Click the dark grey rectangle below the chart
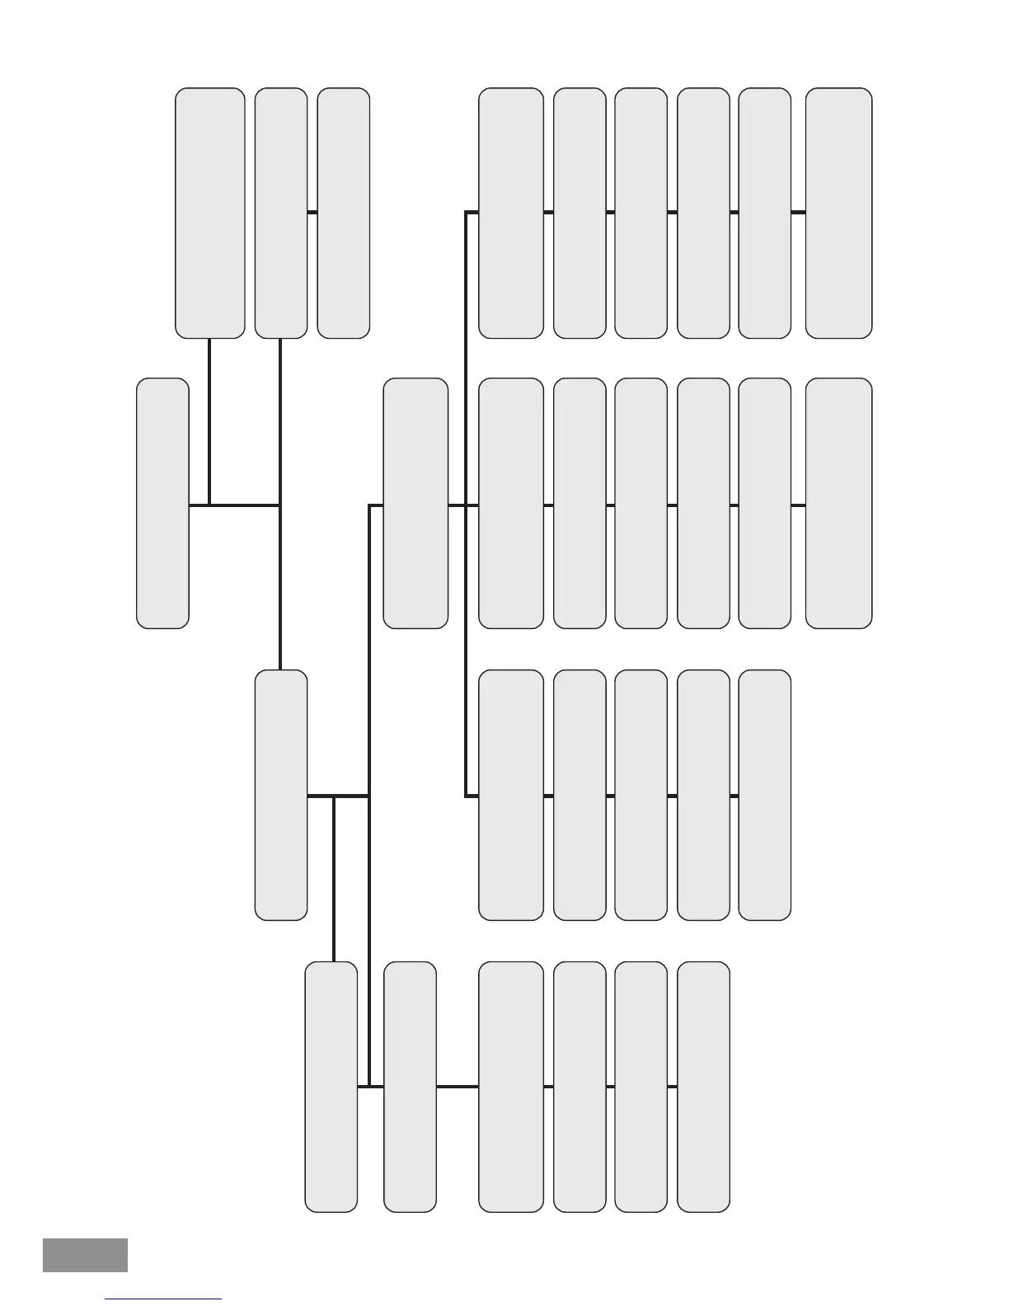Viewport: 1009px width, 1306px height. (85, 1255)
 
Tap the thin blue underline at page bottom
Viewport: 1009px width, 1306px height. (163, 1299)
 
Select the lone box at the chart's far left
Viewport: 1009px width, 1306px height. (162, 503)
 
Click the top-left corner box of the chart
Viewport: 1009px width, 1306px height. (209, 213)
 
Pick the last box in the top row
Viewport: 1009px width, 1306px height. (838, 213)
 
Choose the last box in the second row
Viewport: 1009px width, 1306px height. (838, 503)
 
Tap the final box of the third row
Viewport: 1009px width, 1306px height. (764, 795)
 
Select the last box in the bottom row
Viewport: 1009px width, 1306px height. (703, 1087)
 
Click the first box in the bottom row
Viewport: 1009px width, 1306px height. (331, 1087)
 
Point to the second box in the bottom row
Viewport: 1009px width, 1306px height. (410, 1087)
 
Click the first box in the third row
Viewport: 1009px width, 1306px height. (281, 795)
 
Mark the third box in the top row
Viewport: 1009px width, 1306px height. (343, 213)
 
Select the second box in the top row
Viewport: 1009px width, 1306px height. (281, 213)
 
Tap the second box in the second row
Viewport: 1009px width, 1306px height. (415, 503)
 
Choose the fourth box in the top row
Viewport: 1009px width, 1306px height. (511, 213)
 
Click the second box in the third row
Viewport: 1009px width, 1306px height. (511, 795)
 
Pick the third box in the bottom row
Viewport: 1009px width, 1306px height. (511, 1087)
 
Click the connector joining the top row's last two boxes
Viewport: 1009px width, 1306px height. (798, 213)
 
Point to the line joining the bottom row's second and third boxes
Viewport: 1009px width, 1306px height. (458, 1087)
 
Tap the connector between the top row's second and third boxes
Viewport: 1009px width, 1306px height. (312, 213)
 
